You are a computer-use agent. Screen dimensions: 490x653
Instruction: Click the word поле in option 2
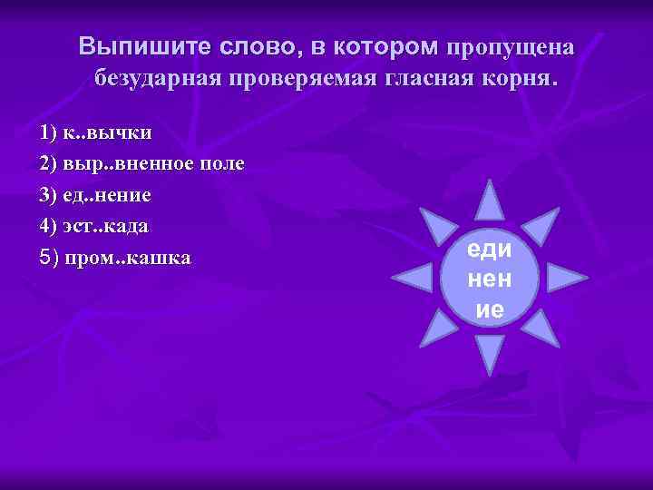(223, 164)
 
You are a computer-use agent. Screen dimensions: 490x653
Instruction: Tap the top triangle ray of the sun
(490, 201)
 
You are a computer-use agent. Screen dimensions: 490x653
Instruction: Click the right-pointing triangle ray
(565, 277)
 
